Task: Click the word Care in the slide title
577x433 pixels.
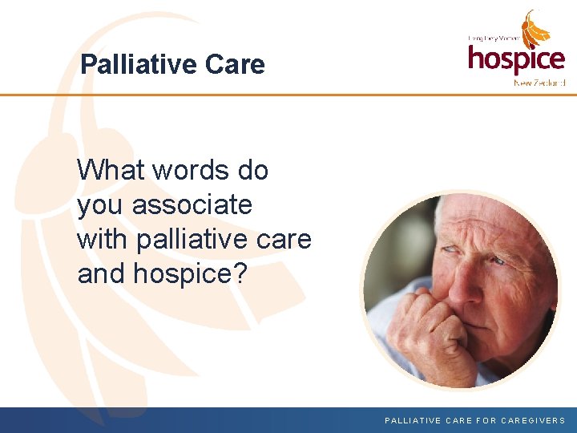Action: pyautogui.click(x=236, y=64)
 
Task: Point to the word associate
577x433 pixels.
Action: pyautogui.click(x=192, y=205)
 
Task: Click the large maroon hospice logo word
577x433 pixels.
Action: pyautogui.click(x=516, y=59)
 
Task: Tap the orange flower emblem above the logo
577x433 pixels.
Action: pyautogui.click(x=536, y=30)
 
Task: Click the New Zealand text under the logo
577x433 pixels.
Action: pyautogui.click(x=539, y=83)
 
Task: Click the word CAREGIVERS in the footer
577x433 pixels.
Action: pyautogui.click(x=533, y=420)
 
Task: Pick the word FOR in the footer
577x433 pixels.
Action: pyautogui.click(x=486, y=420)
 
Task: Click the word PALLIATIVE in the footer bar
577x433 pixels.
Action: pyautogui.click(x=414, y=420)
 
